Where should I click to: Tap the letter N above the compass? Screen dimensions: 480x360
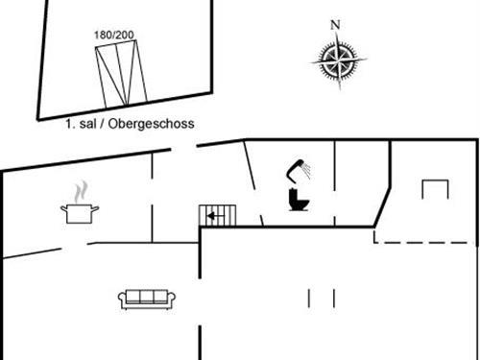(335, 25)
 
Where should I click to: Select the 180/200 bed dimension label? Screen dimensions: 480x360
(114, 35)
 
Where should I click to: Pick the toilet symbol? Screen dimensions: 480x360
(297, 200)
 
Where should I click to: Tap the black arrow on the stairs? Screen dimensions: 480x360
(211, 217)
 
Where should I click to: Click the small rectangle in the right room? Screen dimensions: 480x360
(435, 189)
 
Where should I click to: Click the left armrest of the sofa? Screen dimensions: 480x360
(121, 299)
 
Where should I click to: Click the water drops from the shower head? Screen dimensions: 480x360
(305, 170)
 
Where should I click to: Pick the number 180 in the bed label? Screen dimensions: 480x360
(104, 35)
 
